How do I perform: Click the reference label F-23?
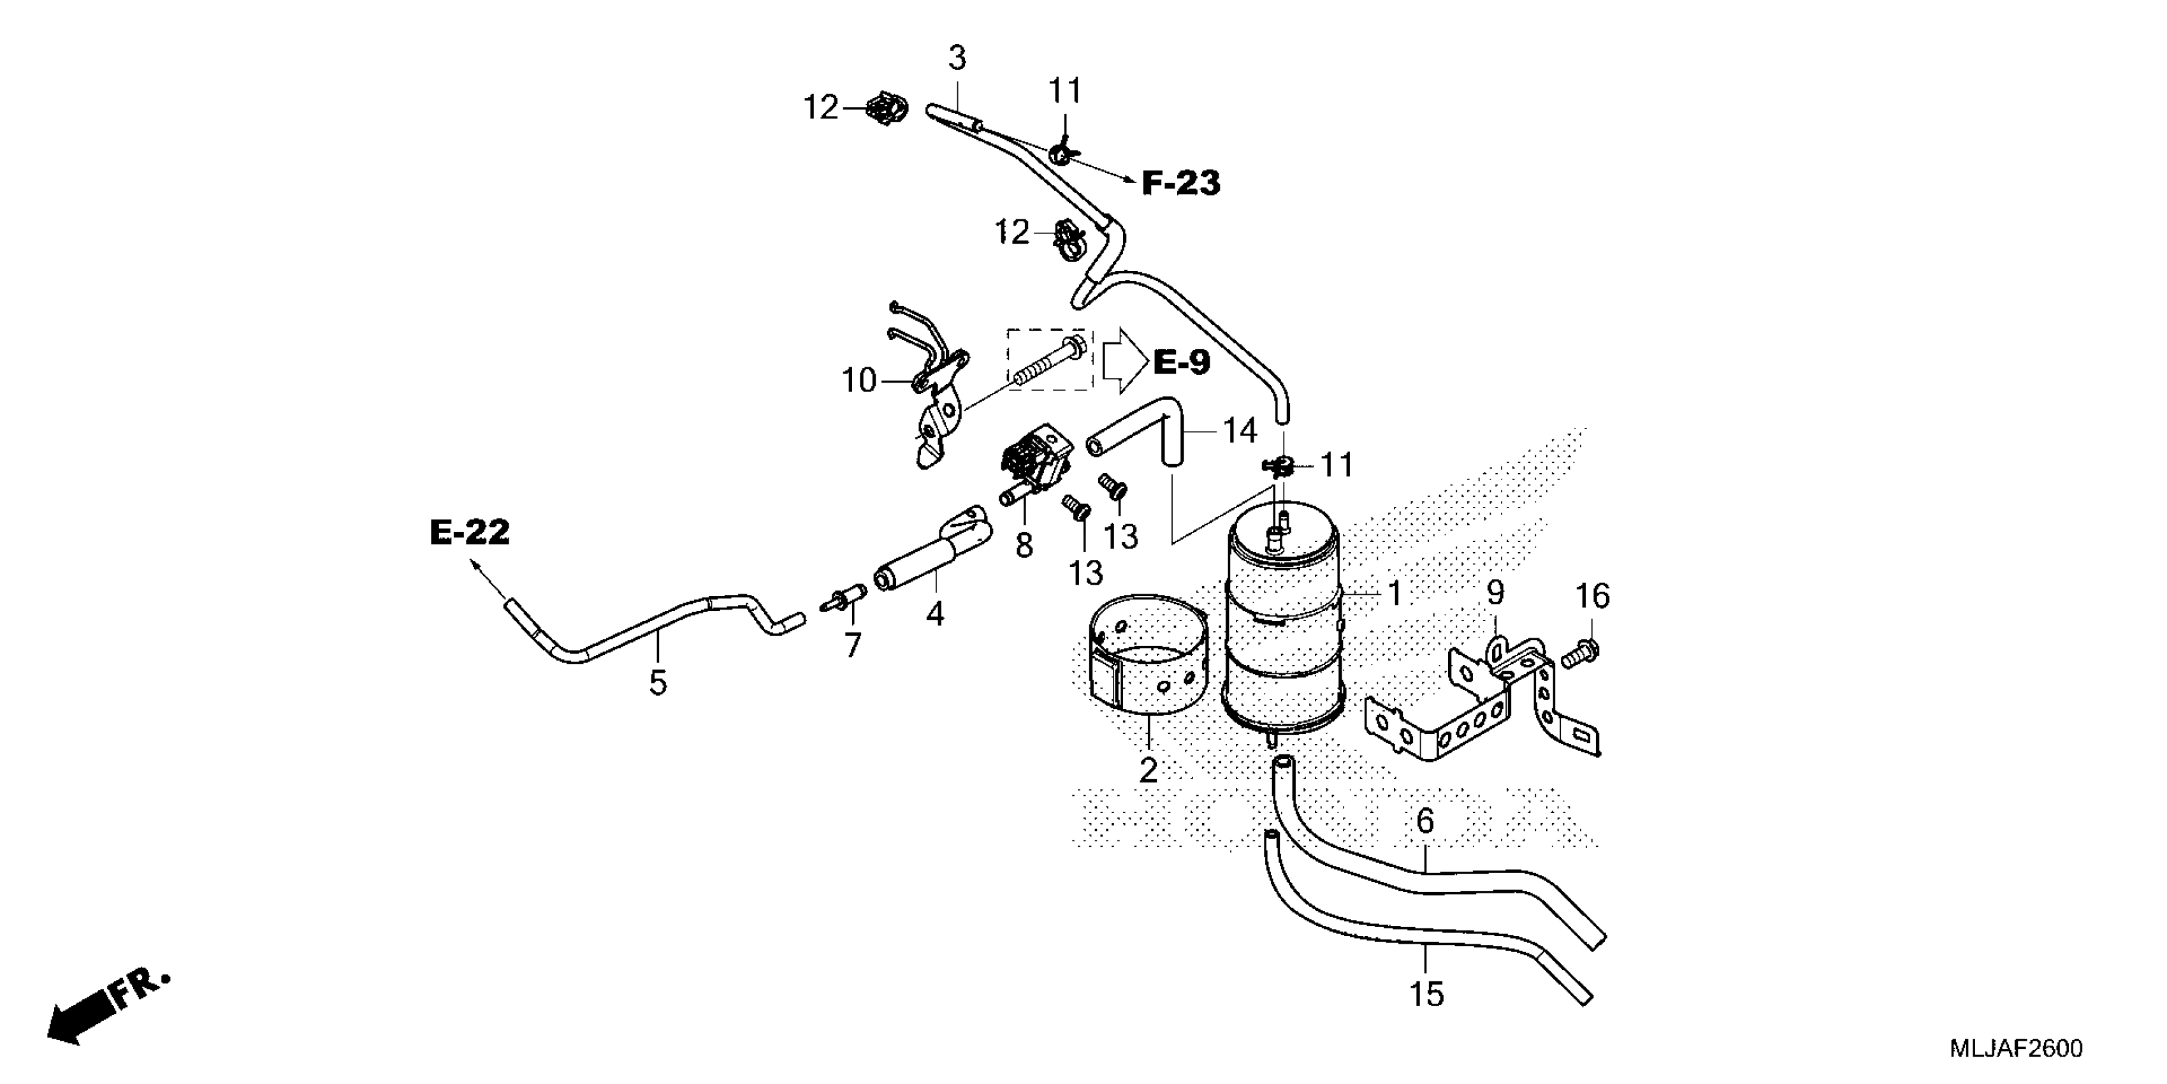tap(1180, 182)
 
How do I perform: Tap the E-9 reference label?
tap(1181, 362)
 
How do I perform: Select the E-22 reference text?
tap(469, 532)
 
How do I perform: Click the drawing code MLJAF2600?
tap(2015, 1049)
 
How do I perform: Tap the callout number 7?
tap(853, 645)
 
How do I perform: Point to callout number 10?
tap(859, 381)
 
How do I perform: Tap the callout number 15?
tap(1427, 995)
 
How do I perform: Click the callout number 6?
tap(1425, 821)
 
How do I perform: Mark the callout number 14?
tap(1239, 431)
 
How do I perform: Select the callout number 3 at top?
tap(957, 58)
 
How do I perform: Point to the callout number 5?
tap(658, 682)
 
